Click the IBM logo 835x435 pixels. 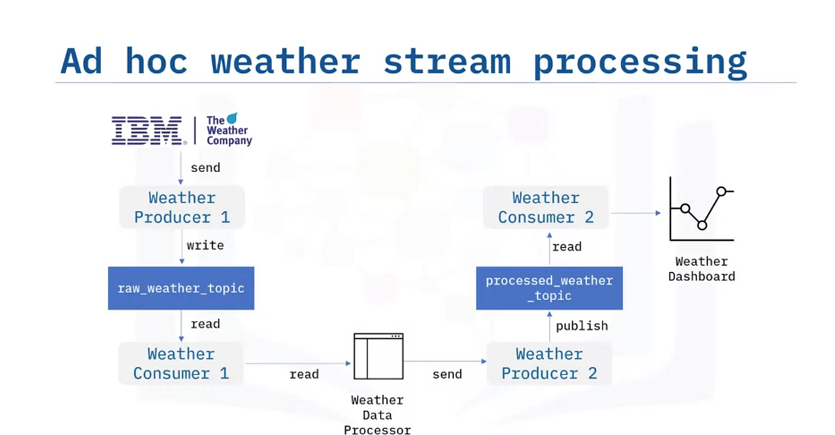148,130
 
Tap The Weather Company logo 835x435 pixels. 229,129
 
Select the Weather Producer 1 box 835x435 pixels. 182,207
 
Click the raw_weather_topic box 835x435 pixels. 181,288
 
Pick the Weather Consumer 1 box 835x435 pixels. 181,363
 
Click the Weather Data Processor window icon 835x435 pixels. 379,356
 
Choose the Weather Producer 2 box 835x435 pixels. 549,363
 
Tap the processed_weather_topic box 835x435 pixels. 549,288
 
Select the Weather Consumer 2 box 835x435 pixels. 546,207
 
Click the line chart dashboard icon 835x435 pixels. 701,209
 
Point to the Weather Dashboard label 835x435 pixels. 701,269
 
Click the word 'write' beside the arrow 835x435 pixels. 205,245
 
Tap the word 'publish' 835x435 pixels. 582,326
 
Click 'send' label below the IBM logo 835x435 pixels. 205,168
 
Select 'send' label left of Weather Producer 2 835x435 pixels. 447,374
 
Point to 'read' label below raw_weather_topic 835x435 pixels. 205,324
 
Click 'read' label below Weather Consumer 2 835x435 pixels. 567,246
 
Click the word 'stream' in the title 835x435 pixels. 447,61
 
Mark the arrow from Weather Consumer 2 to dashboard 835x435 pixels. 635,213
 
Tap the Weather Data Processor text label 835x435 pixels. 377,415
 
